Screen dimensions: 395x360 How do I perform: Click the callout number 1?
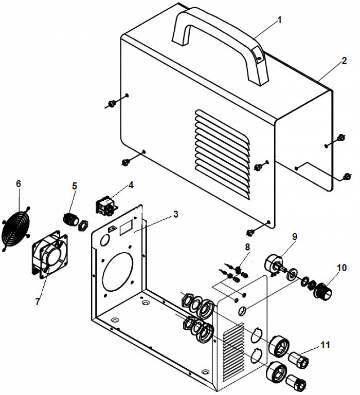pos(280,20)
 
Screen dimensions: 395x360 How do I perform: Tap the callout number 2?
pos(344,61)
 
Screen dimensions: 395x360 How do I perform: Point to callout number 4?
pos(131,184)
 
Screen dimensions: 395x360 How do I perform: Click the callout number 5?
pos(75,186)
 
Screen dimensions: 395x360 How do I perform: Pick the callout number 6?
pos(19,184)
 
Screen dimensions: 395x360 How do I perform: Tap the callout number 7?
pos(37,302)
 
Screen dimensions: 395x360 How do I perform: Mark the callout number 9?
pos(295,236)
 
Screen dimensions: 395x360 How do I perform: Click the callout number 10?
pos(342,268)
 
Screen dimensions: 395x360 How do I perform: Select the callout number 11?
pos(325,345)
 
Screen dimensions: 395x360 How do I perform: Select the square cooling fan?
pos(50,255)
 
